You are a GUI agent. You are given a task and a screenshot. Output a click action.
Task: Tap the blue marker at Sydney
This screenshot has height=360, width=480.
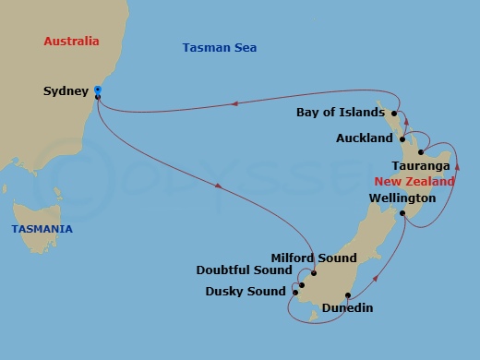97,90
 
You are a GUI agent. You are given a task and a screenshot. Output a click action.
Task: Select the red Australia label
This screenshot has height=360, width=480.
71,42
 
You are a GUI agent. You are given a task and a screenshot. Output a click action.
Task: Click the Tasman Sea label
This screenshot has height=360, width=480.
220,48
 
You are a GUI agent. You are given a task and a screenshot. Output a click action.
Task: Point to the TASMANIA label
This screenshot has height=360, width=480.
42,228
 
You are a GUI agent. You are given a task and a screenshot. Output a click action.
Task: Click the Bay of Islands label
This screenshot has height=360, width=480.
341,113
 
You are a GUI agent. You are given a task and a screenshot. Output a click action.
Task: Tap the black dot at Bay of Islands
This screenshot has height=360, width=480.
392,113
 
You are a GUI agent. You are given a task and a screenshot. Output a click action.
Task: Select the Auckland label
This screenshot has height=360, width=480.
365,138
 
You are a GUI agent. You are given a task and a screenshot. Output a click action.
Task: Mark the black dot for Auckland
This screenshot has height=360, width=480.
402,138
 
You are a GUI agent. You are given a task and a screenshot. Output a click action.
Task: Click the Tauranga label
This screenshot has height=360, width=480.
421,166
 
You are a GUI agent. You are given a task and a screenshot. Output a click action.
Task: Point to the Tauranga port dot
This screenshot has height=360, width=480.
421,152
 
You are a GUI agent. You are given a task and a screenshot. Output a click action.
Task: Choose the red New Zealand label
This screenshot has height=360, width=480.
414,182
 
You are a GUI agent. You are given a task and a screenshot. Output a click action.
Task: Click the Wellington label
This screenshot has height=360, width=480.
402,198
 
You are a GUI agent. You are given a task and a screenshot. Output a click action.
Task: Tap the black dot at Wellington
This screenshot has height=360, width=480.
403,213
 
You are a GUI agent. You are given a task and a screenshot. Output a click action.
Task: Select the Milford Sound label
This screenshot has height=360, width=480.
306,258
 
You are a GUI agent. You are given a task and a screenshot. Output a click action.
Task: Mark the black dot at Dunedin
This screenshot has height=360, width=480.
348,296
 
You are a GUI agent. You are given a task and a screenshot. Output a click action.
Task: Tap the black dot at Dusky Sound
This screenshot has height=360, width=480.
295,293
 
